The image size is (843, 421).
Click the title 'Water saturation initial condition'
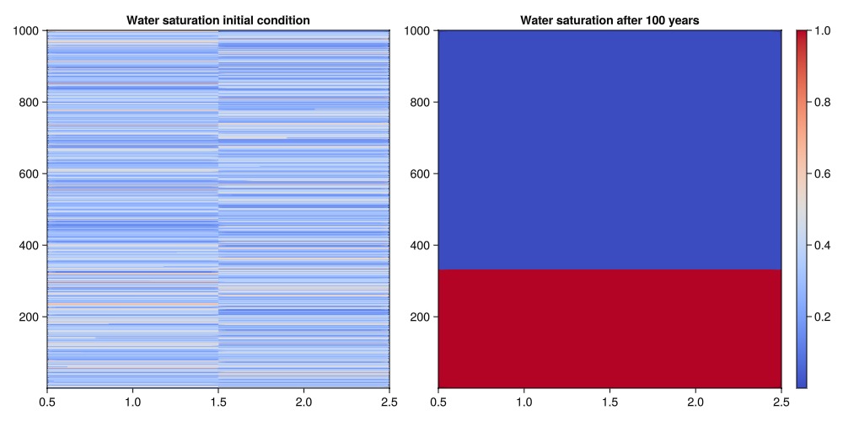point(218,19)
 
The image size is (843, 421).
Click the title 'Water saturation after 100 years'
point(609,19)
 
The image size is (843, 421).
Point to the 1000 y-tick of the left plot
point(28,31)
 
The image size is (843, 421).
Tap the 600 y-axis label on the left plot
point(30,173)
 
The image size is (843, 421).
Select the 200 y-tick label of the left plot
point(30,317)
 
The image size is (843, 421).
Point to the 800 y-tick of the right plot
point(422,102)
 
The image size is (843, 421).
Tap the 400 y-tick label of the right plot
point(422,245)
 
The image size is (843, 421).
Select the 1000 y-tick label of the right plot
point(419,31)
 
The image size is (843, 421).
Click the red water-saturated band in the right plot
point(609,328)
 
